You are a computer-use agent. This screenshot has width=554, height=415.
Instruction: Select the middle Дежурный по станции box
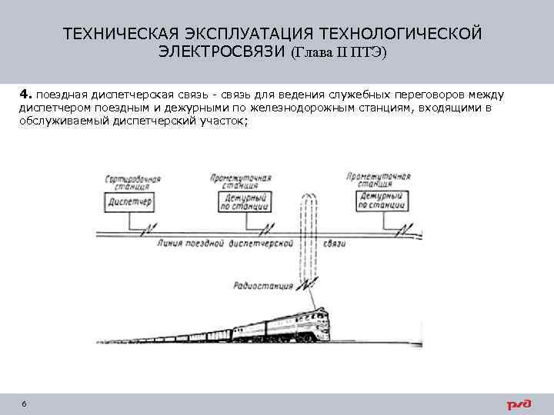click(244, 201)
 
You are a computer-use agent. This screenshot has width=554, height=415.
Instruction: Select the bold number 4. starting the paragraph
click(26, 95)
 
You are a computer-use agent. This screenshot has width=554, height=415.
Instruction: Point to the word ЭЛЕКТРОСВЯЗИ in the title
click(222, 52)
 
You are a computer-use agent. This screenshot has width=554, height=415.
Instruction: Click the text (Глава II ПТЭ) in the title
click(339, 52)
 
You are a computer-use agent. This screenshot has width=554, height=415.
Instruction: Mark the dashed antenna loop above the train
click(308, 231)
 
